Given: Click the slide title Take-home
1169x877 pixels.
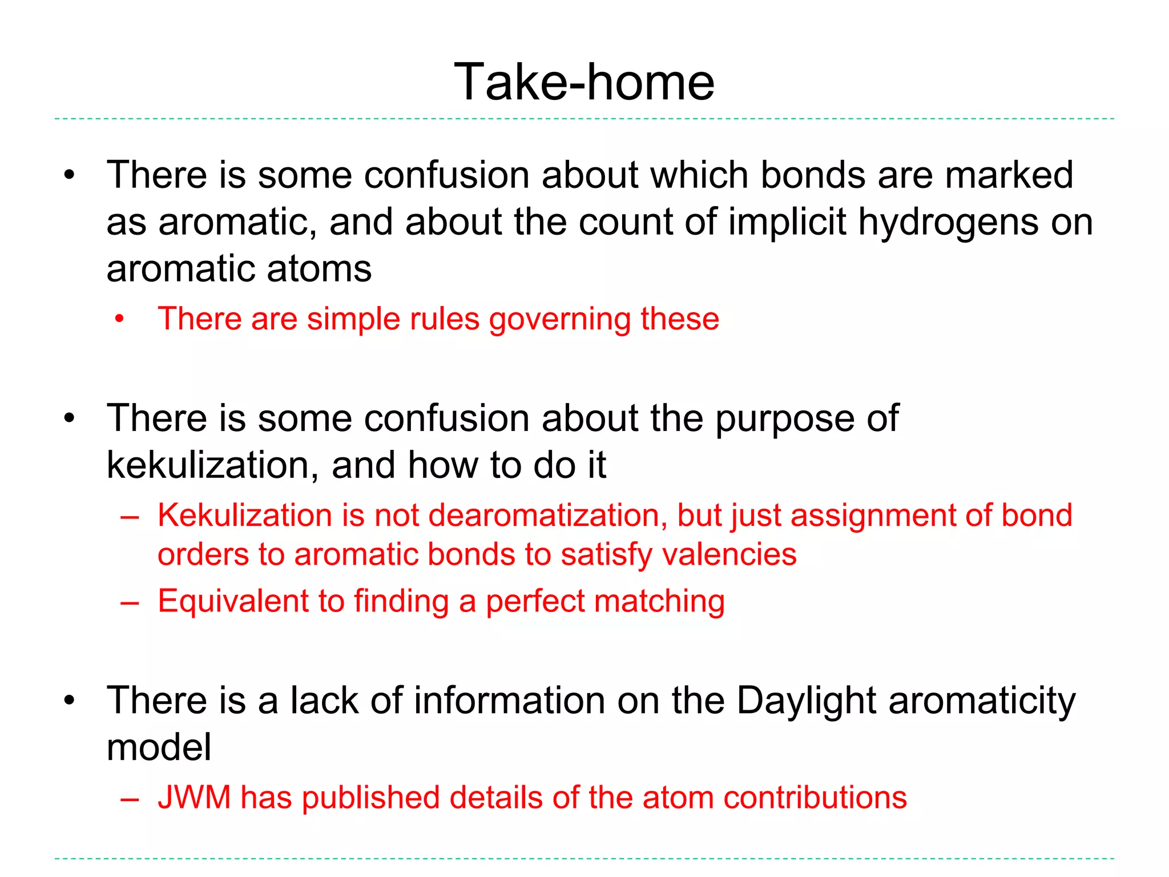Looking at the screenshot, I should point(584,83).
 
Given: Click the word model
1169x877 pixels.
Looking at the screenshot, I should point(159,747).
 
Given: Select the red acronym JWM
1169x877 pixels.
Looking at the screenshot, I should point(194,798).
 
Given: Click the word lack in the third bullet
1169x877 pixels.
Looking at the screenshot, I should point(324,701).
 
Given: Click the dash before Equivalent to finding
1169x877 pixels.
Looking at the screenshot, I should point(130,603).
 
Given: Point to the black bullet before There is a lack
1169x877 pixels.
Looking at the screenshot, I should point(70,701).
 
